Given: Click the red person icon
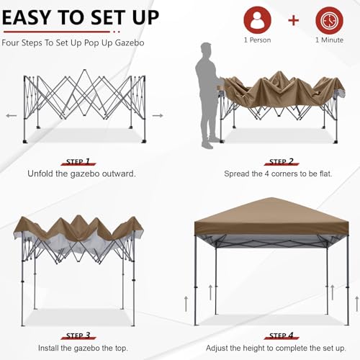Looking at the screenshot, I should coord(257,20).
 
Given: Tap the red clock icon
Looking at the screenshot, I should coord(329,20).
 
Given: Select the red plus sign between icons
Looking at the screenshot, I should coord(293,19).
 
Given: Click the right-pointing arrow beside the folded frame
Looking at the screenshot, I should coord(158,115).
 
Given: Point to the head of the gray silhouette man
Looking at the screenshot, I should coord(207,50).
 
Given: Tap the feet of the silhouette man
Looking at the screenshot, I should coord(207,145).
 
